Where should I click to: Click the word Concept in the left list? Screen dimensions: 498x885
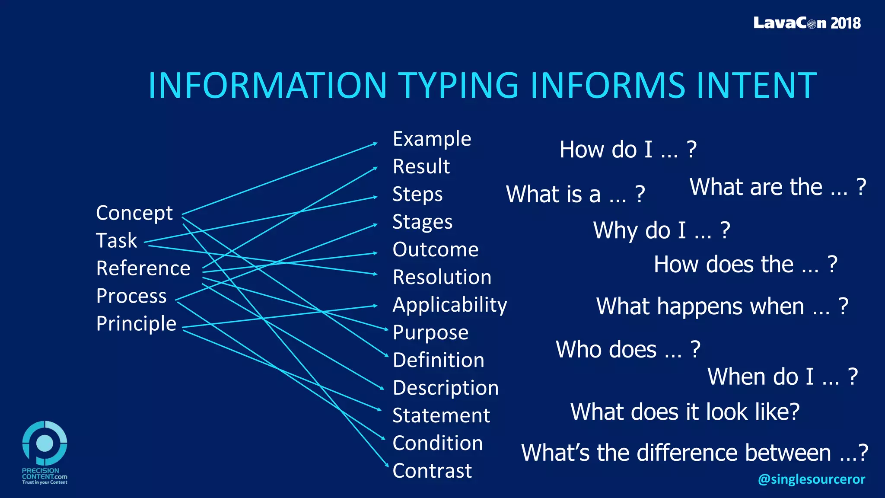(x=134, y=213)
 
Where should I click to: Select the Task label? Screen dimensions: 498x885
(x=116, y=241)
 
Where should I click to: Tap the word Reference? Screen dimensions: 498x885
(x=143, y=268)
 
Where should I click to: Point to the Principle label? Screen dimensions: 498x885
(x=136, y=324)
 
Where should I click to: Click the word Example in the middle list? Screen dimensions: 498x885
(x=431, y=139)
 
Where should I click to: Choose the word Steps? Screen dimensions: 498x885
(x=417, y=195)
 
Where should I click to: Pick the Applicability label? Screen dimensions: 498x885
(x=449, y=305)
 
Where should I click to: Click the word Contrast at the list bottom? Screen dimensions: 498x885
(x=432, y=471)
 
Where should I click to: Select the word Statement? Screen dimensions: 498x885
(x=441, y=416)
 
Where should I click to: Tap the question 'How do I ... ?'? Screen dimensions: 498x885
(x=627, y=150)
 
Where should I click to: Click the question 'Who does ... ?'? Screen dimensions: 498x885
(x=627, y=349)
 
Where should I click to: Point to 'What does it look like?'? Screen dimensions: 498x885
(x=684, y=412)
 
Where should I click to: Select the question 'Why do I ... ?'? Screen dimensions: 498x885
(x=661, y=230)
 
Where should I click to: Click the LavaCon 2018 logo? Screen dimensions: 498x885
(x=806, y=23)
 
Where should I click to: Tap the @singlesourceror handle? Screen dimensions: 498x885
(x=811, y=479)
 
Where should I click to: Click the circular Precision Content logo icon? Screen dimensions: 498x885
(x=45, y=443)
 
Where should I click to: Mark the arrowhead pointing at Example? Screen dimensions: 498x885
(x=375, y=144)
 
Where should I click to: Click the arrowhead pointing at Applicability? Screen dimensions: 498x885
(x=375, y=306)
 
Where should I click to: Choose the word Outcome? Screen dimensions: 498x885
(x=435, y=250)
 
